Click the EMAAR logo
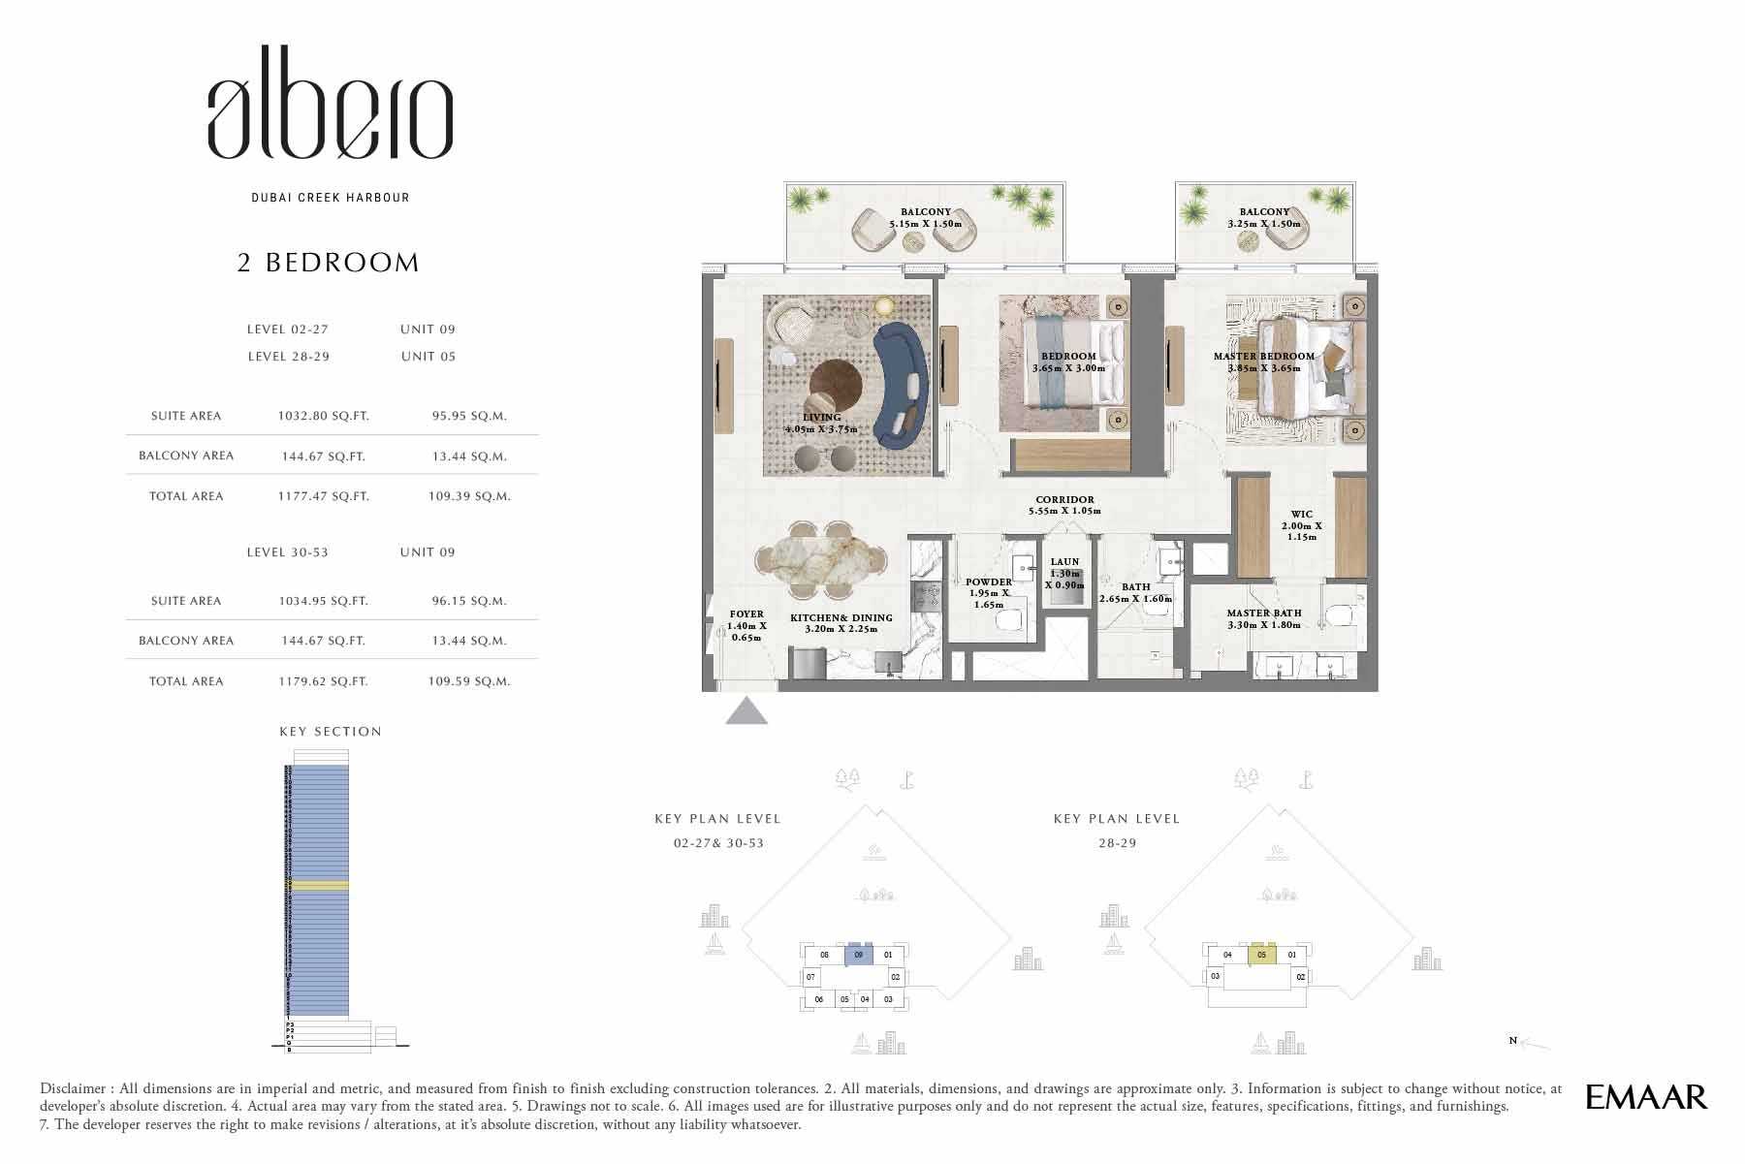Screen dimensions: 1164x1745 click(x=1646, y=1096)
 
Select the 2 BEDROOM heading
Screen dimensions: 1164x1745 click(x=329, y=263)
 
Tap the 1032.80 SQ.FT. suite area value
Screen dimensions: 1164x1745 click(x=323, y=416)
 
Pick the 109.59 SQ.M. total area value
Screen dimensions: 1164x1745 click(x=468, y=681)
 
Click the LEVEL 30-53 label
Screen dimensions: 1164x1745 click(x=287, y=552)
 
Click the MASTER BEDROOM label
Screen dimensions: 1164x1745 click(x=1263, y=357)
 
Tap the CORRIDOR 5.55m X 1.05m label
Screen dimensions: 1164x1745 click(x=1064, y=506)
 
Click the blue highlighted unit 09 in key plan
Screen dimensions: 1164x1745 click(x=858, y=956)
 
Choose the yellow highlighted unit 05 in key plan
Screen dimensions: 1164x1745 click(x=1261, y=956)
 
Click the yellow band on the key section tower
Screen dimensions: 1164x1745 click(x=317, y=886)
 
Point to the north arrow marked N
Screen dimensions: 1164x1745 click(x=1530, y=1043)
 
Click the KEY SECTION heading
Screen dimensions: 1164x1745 click(x=331, y=732)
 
